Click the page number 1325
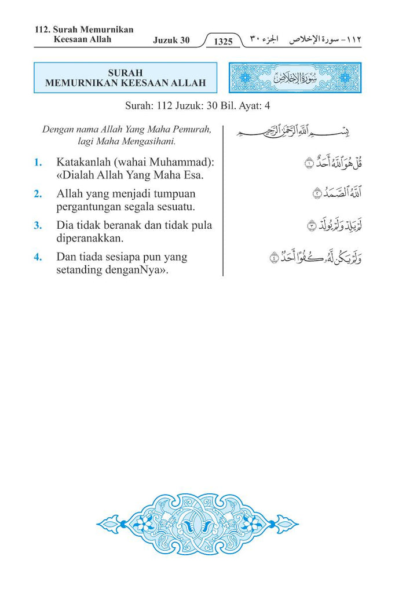point(223,42)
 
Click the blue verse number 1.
point(38,163)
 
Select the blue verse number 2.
point(38,194)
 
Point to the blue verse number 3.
point(38,225)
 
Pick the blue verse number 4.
point(38,257)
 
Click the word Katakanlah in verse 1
point(84,163)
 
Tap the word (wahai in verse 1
point(133,163)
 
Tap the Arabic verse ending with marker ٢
point(336,194)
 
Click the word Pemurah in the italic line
point(188,129)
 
